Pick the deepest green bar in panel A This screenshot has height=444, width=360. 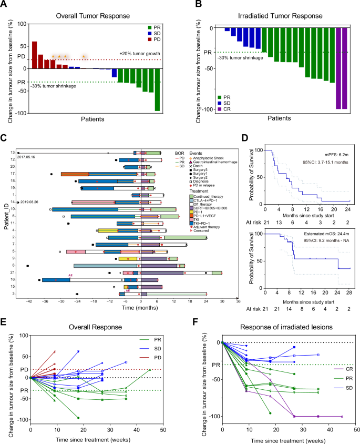pyautogui.click(x=157, y=89)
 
